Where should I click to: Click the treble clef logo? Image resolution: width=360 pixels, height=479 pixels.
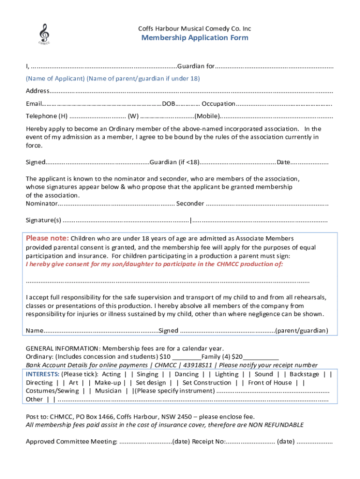pos(44,34)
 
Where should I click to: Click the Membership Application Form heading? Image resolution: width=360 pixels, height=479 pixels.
pos(195,38)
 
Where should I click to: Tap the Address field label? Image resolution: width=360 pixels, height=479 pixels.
pos(36,91)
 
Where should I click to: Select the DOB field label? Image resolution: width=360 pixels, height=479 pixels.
pos(169,103)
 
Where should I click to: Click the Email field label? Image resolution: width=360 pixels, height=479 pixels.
pos(33,103)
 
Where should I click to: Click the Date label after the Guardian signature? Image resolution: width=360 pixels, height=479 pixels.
pos(283,162)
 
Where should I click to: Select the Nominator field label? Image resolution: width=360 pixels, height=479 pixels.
pos(41,203)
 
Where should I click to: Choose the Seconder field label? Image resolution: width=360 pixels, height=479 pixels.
pos(190,203)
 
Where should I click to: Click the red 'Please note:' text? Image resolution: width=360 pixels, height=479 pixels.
pos(47,238)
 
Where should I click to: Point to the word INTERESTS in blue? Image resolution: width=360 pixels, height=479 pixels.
pos(42,374)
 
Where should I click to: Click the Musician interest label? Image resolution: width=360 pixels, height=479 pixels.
pos(108,391)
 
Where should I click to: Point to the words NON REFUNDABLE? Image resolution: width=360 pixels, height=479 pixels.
pos(276,425)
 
